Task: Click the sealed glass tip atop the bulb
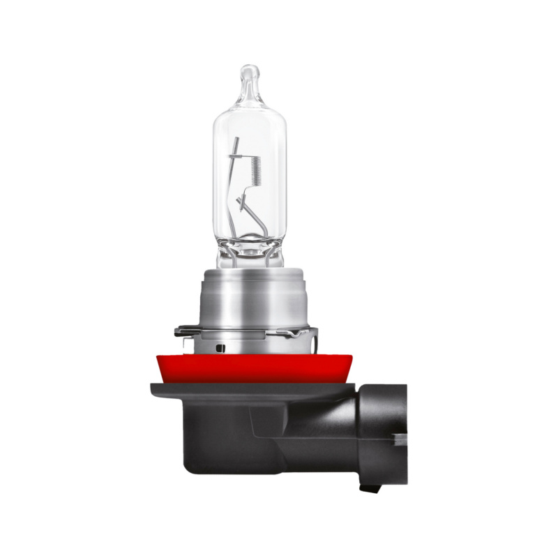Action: point(250,77)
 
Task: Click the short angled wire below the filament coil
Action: point(244,203)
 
